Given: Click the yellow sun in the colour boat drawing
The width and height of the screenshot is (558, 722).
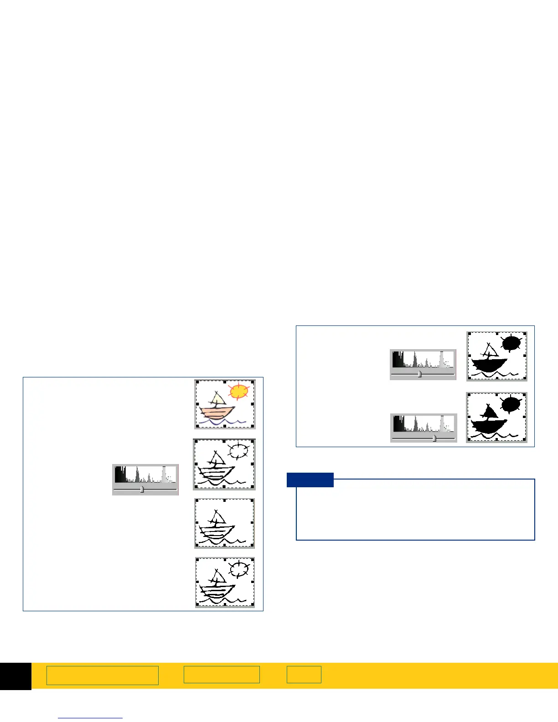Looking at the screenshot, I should click(x=239, y=392).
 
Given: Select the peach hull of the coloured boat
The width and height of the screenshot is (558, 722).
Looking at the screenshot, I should click(x=217, y=413).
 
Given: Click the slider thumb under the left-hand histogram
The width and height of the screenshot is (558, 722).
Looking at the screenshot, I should click(x=142, y=490).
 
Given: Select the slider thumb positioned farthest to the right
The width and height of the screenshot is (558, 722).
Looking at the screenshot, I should click(x=434, y=438).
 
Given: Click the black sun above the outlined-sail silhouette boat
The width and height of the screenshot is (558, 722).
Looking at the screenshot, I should click(x=511, y=343).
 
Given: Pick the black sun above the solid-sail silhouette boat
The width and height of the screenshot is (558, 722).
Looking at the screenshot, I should click(x=511, y=404).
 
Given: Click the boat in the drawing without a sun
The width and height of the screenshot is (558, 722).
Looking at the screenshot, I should click(x=218, y=528).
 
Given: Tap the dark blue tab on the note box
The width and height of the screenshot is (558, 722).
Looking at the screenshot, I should click(x=310, y=480).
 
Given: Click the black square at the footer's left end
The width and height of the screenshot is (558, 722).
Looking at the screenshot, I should click(x=15, y=676).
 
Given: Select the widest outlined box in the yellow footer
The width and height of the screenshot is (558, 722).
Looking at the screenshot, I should click(x=102, y=675).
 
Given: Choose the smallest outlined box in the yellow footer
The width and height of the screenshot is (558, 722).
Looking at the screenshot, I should click(x=304, y=675).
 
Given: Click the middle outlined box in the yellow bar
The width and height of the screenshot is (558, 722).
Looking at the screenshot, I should click(x=222, y=675).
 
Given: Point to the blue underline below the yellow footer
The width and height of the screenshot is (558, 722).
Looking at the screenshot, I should click(x=90, y=718).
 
